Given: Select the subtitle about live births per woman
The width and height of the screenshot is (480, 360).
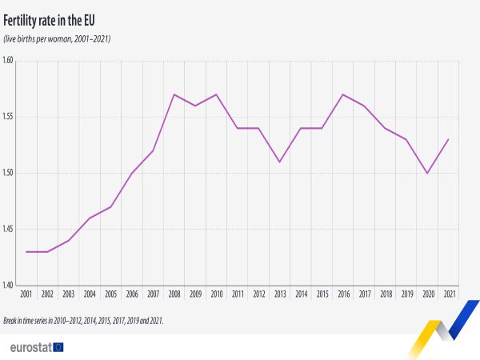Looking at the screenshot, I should click(x=58, y=38).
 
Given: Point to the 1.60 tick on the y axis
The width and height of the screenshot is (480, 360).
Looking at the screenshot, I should click(x=9, y=61).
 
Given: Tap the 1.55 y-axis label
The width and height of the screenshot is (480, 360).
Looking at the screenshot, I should click(x=9, y=117).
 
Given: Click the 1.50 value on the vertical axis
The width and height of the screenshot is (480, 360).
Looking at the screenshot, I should click(x=9, y=173).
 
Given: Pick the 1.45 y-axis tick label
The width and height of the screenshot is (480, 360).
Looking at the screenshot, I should click(x=9, y=229).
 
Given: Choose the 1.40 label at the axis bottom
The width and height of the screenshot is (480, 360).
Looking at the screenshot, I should click(x=9, y=285).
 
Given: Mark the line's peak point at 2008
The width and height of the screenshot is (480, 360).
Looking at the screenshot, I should click(x=174, y=94).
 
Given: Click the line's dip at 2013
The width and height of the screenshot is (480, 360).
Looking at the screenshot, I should click(x=279, y=162).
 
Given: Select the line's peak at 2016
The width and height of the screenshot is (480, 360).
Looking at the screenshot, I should click(x=342, y=94).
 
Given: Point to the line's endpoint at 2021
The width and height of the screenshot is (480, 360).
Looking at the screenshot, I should click(x=447, y=139).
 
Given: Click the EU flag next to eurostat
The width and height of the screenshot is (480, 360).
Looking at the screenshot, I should click(x=57, y=346).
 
